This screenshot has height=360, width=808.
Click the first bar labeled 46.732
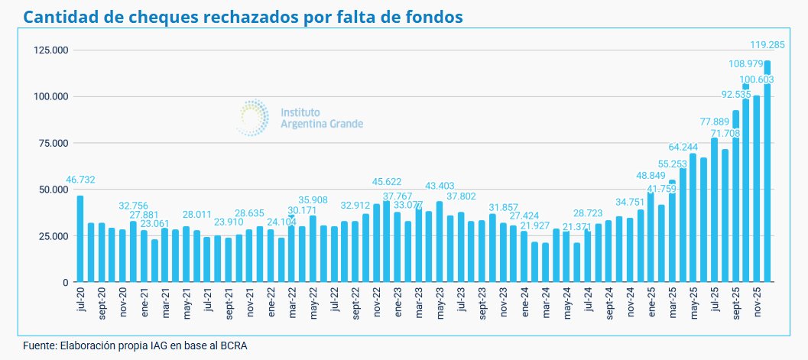pyautogui.click(x=80, y=239)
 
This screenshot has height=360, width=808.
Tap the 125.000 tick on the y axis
pyautogui.click(x=50, y=50)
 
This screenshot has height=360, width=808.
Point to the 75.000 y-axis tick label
pyautogui.click(x=53, y=143)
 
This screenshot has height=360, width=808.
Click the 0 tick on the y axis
pyautogui.click(x=66, y=282)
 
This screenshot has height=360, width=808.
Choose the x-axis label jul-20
pyautogui.click(x=81, y=300)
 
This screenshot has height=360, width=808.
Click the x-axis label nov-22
pyautogui.click(x=377, y=303)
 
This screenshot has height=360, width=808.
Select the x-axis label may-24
pyautogui.click(x=566, y=303)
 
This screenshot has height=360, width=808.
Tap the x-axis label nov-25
pyautogui.click(x=756, y=303)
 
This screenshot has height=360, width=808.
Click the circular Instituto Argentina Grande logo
pyautogui.click(x=252, y=117)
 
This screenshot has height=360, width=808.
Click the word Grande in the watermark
pyautogui.click(x=343, y=123)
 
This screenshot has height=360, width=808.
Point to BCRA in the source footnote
pyautogui.click(x=234, y=345)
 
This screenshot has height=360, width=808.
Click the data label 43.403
pyautogui.click(x=440, y=186)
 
